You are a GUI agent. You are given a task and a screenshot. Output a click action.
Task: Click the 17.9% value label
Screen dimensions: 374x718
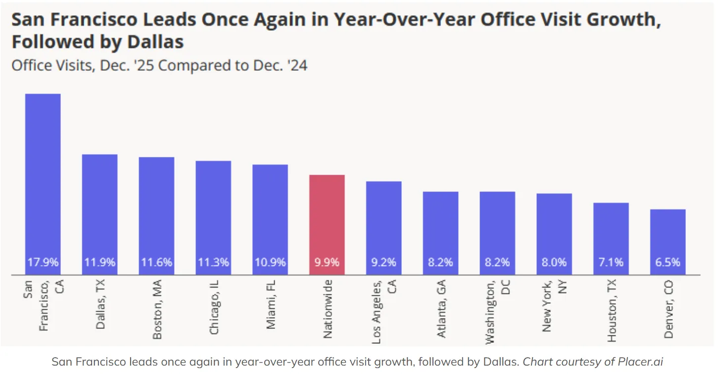[x=43, y=262]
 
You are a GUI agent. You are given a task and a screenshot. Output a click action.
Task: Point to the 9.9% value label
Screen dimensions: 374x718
[x=327, y=262]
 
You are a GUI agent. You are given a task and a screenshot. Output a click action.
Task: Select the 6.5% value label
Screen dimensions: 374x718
[x=668, y=262]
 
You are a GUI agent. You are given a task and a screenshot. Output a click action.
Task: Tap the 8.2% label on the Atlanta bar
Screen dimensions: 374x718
[x=440, y=262]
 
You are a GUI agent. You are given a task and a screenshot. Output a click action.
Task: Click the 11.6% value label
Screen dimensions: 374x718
[x=156, y=262]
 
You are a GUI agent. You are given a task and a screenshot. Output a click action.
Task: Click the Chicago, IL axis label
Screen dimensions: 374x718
[x=214, y=307]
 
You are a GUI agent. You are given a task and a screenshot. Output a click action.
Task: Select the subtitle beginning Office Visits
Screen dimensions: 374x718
[x=159, y=65]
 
